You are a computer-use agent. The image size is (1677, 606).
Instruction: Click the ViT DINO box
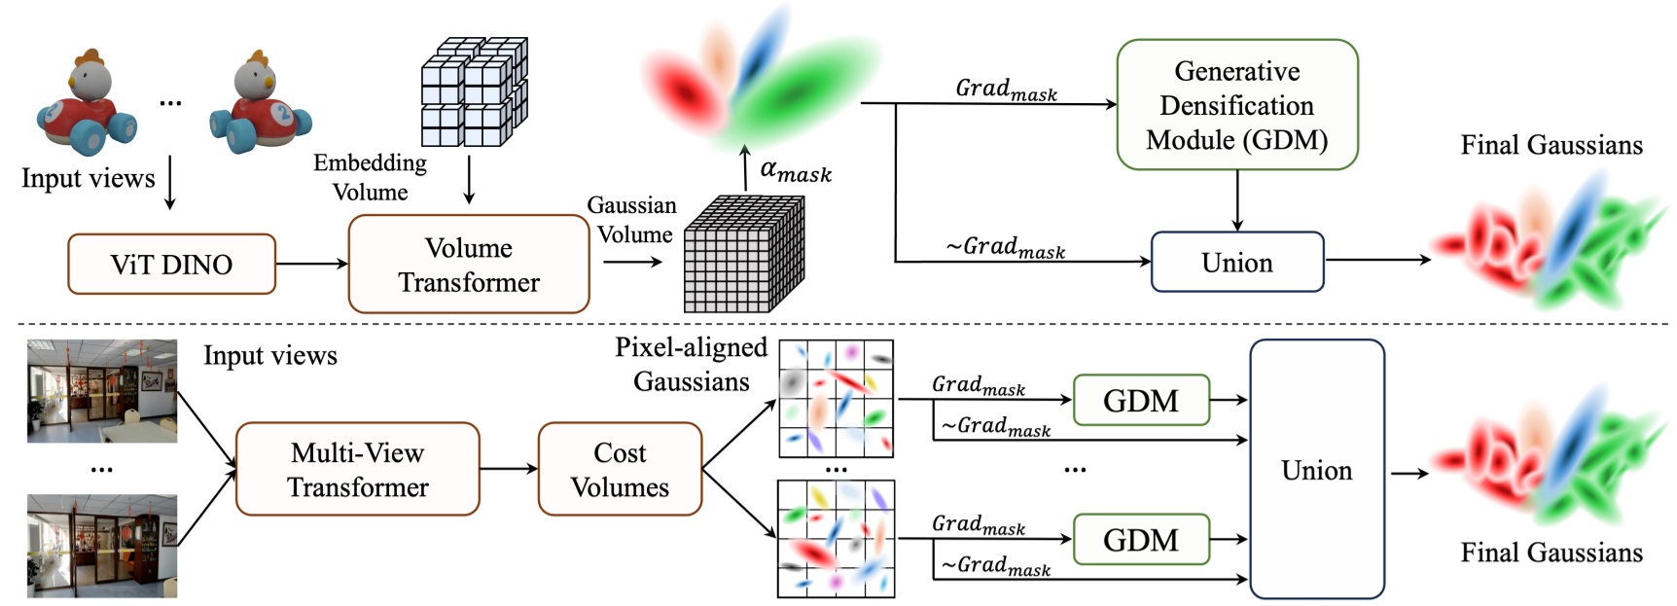tap(171, 264)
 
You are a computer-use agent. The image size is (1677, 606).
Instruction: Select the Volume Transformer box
tap(468, 265)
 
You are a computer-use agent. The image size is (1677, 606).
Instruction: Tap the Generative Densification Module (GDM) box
tap(1236, 105)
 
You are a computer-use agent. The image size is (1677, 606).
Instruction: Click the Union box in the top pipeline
tap(1236, 262)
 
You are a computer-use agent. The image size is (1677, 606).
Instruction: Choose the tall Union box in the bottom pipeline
tap(1316, 469)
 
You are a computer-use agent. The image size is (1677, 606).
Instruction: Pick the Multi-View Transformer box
tap(357, 469)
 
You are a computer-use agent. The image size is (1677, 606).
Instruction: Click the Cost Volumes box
tap(620, 469)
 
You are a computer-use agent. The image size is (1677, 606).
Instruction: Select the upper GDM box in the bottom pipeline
tap(1140, 400)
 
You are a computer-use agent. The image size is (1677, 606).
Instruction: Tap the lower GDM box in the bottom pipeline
tap(1140, 539)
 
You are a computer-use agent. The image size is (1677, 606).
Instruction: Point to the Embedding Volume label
tap(370, 177)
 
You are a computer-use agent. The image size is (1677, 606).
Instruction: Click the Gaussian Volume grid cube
tap(744, 255)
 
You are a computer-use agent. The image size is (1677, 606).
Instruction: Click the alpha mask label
tap(796, 171)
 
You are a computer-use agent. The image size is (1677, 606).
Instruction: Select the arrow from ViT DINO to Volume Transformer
tap(311, 264)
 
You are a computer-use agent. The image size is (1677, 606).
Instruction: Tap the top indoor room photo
tap(102, 391)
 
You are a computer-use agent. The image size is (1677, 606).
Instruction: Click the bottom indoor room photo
tap(102, 545)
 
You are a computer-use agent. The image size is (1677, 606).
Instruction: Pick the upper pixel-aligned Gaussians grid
tap(836, 399)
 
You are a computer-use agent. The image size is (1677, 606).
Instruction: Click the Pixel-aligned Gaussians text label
tap(691, 364)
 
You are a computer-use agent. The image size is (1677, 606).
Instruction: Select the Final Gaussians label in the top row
tap(1551, 145)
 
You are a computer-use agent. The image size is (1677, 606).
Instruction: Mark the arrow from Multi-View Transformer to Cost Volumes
tap(508, 469)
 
